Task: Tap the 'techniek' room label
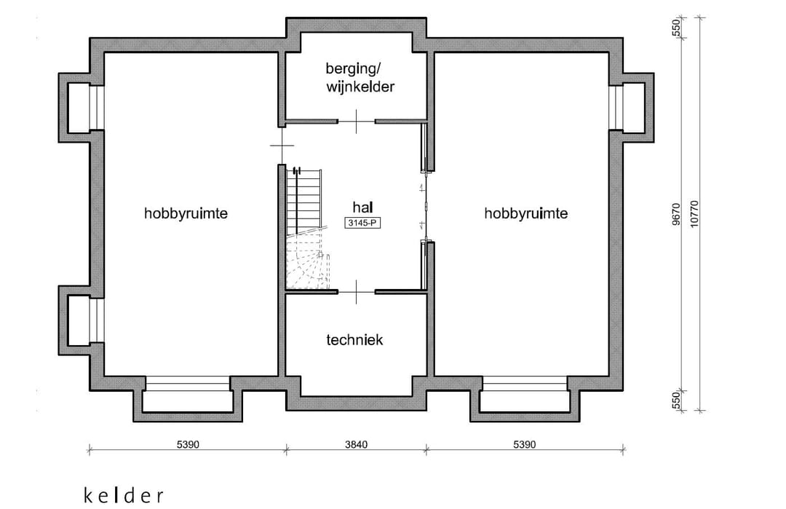(354, 339)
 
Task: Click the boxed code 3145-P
(362, 223)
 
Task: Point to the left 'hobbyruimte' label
(186, 213)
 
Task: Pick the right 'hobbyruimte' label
(526, 213)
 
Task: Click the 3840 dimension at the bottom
(356, 445)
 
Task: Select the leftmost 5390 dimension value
(186, 445)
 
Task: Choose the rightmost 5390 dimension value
(524, 445)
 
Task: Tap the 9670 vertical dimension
(675, 216)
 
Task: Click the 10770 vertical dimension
(695, 216)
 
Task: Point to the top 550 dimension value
(675, 28)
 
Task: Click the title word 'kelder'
(124, 496)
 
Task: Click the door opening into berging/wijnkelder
(356, 120)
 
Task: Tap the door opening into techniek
(356, 291)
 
